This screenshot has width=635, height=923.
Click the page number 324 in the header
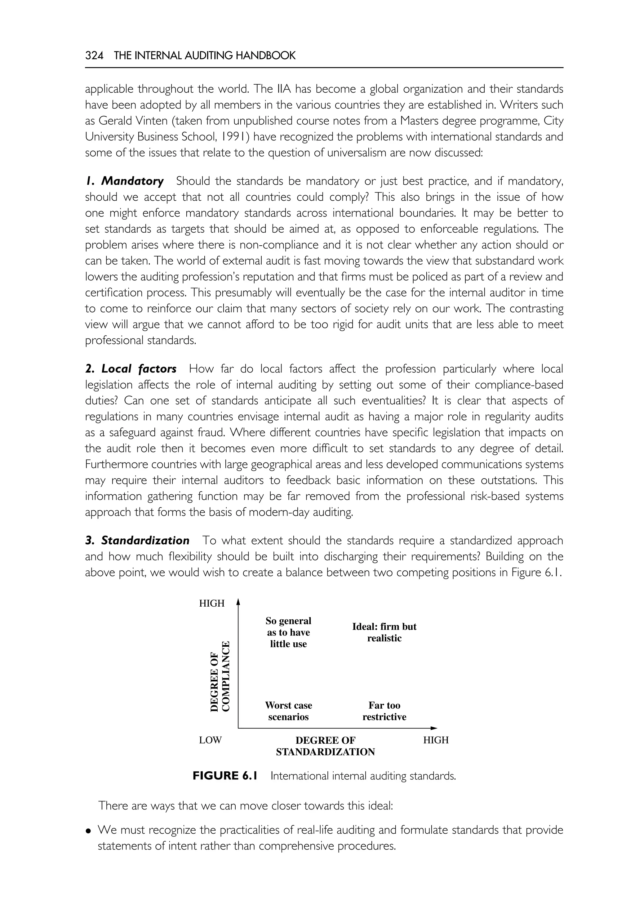coord(94,56)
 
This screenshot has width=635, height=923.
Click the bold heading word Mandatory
coord(132,181)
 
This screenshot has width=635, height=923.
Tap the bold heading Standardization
coord(145,541)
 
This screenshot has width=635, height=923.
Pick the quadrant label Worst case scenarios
coord(288,711)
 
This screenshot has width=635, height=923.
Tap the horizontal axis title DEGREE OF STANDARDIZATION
coord(326,746)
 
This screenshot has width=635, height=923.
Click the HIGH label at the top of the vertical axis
coord(212,604)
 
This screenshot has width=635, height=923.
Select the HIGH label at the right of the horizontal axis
coord(436,740)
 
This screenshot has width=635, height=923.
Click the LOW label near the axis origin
coord(210,740)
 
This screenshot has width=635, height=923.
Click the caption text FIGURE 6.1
coord(225,776)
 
